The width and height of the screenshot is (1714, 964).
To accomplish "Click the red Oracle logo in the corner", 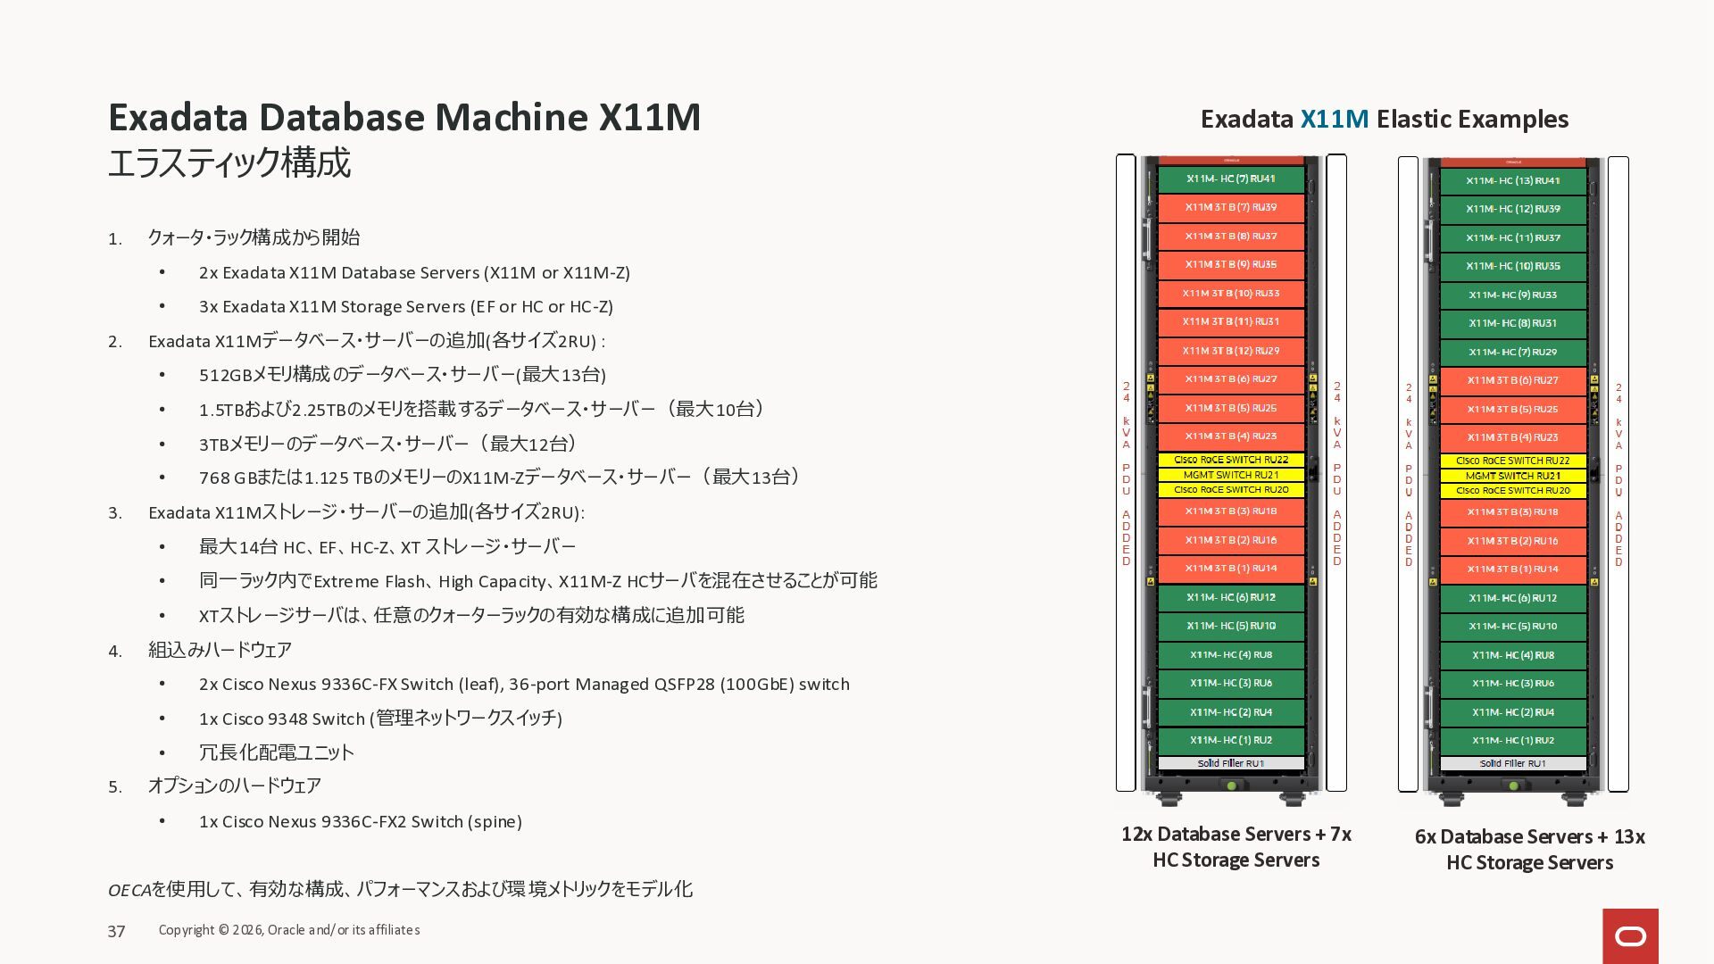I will pyautogui.click(x=1630, y=935).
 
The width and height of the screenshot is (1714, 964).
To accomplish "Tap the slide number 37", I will pyautogui.click(x=116, y=932).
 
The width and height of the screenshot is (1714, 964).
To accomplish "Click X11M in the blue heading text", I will pyautogui.click(x=1334, y=119).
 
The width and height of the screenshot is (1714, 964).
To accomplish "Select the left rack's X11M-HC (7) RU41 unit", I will pyautogui.click(x=1230, y=179).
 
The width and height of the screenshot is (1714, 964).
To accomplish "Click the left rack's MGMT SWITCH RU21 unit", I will pyautogui.click(x=1230, y=475).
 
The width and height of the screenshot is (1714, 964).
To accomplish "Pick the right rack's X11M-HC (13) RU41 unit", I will pyautogui.click(x=1512, y=181).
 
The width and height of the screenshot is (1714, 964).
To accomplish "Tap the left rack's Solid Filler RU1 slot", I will pyautogui.click(x=1230, y=763).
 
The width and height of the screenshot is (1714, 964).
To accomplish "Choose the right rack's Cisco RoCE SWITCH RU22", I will pyautogui.click(x=1512, y=461).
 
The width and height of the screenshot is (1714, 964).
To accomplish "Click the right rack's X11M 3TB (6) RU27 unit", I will pyautogui.click(x=1512, y=381).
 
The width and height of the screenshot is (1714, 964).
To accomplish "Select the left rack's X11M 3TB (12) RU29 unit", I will pyautogui.click(x=1230, y=351).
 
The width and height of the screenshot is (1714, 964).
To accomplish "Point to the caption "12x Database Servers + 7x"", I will pyautogui.click(x=1236, y=835).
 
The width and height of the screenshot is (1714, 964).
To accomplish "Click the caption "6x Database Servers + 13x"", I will pyautogui.click(x=1529, y=837).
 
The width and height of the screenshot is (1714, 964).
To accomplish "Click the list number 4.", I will pyautogui.click(x=114, y=652).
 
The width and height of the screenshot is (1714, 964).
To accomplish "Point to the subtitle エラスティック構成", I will pyautogui.click(x=229, y=163).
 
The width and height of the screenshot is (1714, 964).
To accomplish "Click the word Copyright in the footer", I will pyautogui.click(x=187, y=930).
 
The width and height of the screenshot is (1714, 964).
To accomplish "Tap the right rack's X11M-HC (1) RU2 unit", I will pyautogui.click(x=1512, y=741).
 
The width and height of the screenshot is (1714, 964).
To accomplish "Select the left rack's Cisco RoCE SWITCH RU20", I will pyautogui.click(x=1230, y=490).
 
